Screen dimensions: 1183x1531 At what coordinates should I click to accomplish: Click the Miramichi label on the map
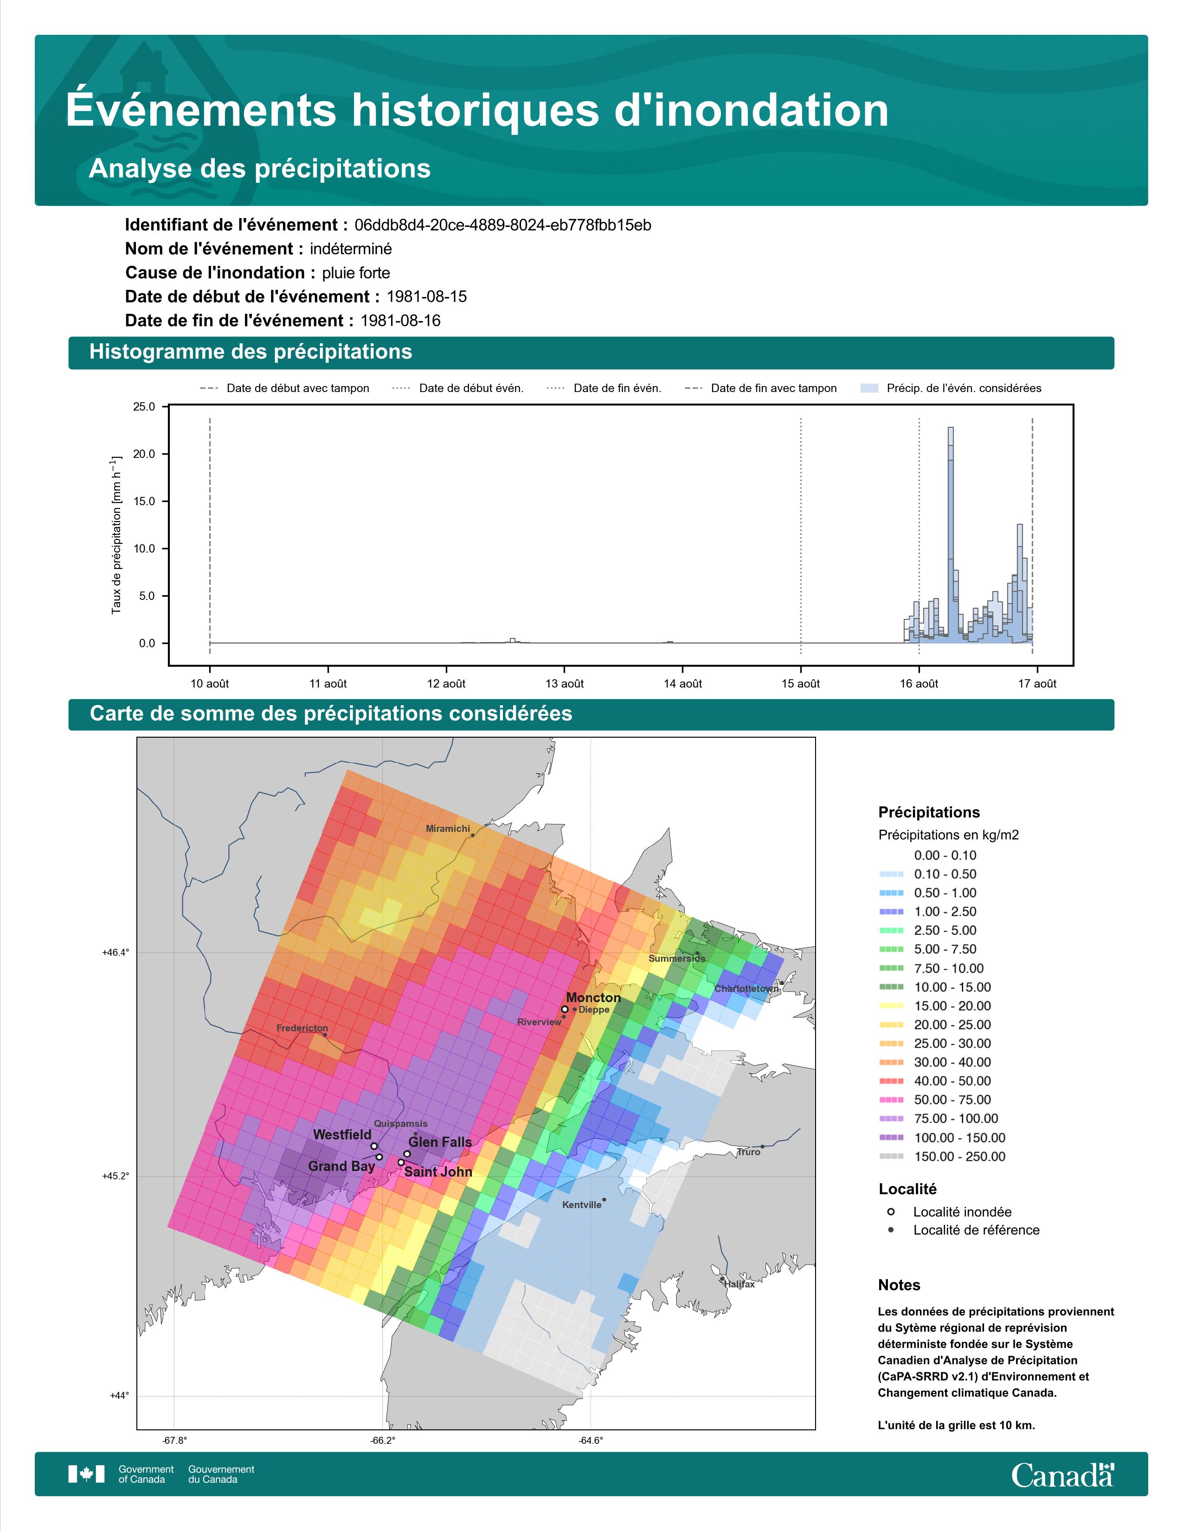pyautogui.click(x=448, y=829)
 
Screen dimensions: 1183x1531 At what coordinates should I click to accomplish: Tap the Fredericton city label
pyautogui.click(x=302, y=1029)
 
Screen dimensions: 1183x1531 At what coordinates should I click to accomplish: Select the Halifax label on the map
pyautogui.click(x=739, y=1284)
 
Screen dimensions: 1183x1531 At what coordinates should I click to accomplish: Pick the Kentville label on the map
pyautogui.click(x=582, y=1205)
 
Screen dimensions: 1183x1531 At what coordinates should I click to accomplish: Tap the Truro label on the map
pyautogui.click(x=748, y=1152)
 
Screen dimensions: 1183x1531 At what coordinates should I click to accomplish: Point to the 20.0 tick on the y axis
pyautogui.click(x=144, y=454)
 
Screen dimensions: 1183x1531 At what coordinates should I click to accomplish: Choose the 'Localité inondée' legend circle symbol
pyautogui.click(x=891, y=1211)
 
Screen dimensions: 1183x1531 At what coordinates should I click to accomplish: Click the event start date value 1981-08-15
pyautogui.click(x=427, y=296)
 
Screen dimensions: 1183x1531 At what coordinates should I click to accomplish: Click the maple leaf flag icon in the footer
pyautogui.click(x=86, y=1474)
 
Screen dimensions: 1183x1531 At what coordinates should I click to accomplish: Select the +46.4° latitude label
pyautogui.click(x=116, y=952)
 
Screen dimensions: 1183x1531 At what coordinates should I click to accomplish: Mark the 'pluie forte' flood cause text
pyautogui.click(x=356, y=273)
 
